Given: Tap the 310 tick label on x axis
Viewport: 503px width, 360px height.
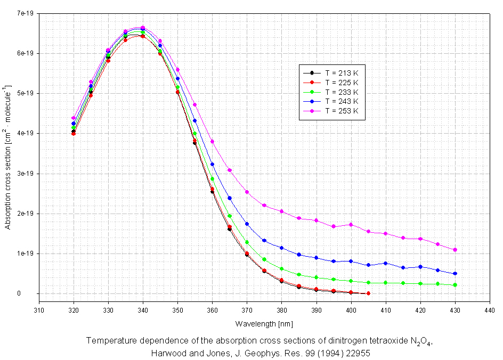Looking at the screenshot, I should [x=38, y=310].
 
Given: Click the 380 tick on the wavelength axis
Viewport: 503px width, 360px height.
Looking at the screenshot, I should [x=281, y=310].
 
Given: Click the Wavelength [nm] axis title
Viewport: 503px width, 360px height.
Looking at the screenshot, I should [x=264, y=324].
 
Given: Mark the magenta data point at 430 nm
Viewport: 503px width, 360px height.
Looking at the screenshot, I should [x=455, y=250].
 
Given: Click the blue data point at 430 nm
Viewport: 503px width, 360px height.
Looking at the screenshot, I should [x=455, y=274].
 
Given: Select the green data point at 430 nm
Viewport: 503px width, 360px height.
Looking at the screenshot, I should [x=455, y=285].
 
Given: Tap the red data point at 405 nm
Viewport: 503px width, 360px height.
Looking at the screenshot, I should [x=368, y=293].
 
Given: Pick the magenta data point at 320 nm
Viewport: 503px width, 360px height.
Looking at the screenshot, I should [x=74, y=118].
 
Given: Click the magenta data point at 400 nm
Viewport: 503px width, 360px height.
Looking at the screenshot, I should [x=351, y=225].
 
